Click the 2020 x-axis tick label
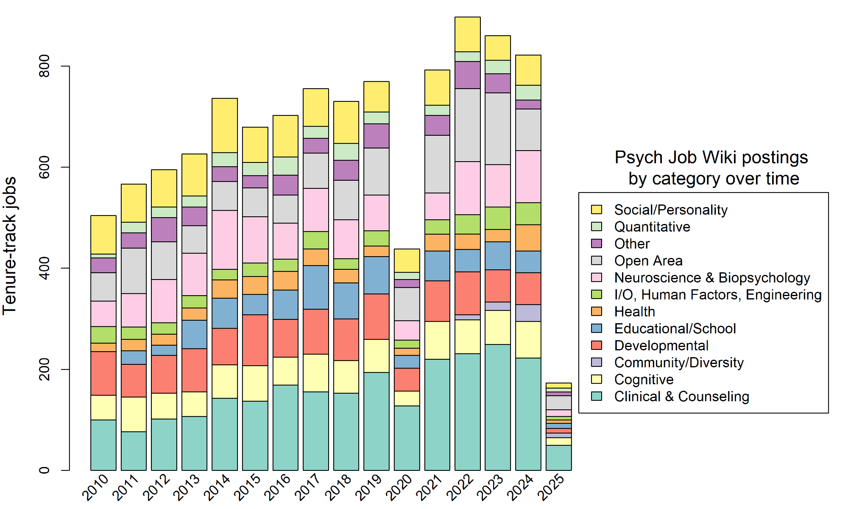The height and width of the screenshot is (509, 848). (399, 487)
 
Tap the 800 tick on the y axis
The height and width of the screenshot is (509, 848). (44, 66)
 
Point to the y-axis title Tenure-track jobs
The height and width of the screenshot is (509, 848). (9, 246)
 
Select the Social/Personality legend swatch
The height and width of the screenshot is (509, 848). (597, 210)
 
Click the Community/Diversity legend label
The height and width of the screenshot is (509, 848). (678, 363)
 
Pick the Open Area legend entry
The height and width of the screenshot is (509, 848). (648, 261)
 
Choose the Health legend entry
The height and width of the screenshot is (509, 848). (634, 312)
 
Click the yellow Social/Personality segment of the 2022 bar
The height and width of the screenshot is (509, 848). (468, 34)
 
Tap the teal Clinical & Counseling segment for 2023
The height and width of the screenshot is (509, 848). (498, 407)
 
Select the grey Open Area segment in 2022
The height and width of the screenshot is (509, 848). (468, 125)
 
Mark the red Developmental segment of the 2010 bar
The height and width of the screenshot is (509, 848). (103, 373)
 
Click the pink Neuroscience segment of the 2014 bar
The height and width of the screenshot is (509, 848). (225, 240)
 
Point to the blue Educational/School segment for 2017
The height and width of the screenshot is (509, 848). (316, 287)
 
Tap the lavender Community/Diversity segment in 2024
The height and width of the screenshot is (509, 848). (528, 313)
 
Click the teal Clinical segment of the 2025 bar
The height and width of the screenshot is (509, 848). (558, 458)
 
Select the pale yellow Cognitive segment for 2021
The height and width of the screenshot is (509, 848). (437, 340)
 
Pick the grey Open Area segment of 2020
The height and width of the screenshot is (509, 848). (407, 304)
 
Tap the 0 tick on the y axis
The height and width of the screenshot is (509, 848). (44, 470)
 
